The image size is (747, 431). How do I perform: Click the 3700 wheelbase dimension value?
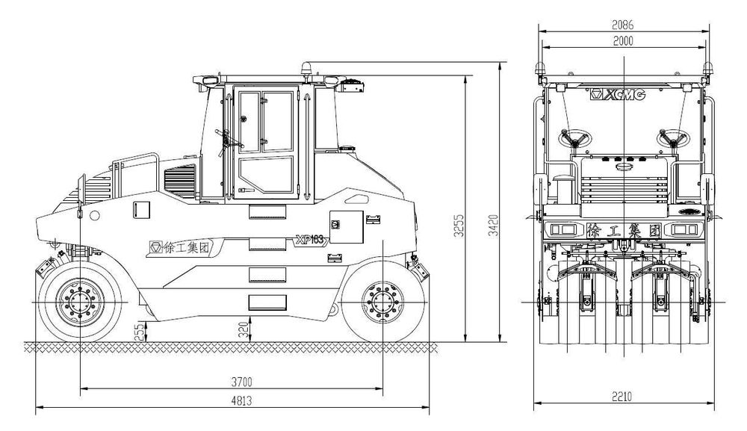pyautogui.click(x=241, y=382)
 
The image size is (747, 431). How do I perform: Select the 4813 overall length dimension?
pyautogui.click(x=241, y=400)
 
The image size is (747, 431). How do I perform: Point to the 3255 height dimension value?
pyautogui.click(x=459, y=226)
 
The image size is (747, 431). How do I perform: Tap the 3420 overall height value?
pyautogui.click(x=494, y=226)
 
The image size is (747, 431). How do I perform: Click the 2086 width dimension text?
pyautogui.click(x=623, y=25)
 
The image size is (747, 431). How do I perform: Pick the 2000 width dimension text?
pyautogui.click(x=623, y=41)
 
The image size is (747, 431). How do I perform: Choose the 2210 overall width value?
pyautogui.click(x=622, y=396)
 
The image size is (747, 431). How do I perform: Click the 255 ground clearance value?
pyautogui.click(x=139, y=332)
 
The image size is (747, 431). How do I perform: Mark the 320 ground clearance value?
pyautogui.click(x=244, y=330)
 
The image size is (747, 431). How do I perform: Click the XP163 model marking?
pyautogui.click(x=311, y=240)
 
